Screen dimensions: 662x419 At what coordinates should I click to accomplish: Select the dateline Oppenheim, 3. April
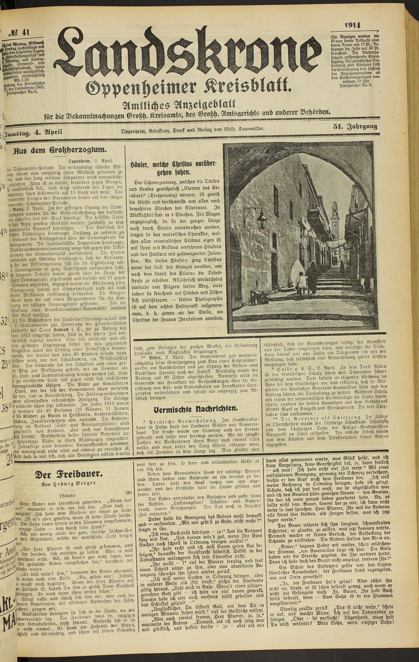[86, 161]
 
